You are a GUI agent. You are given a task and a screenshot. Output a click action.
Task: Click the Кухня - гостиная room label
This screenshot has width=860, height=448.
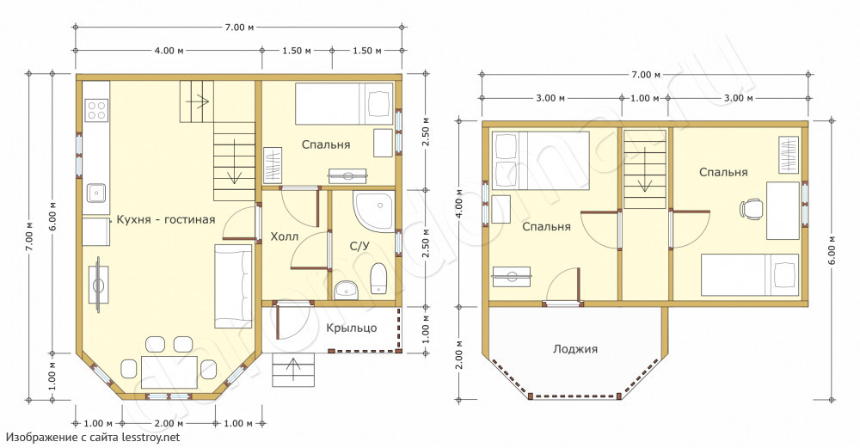(166, 220)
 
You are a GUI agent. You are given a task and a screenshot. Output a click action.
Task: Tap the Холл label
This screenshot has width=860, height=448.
(285, 236)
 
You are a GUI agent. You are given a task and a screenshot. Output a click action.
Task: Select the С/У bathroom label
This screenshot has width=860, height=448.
(359, 246)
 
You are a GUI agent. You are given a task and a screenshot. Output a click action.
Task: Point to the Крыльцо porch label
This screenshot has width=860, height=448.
(352, 328)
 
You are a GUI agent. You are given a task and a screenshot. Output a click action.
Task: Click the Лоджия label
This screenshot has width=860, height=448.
(574, 349)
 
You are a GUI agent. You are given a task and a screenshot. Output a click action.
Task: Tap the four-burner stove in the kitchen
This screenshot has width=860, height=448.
(97, 110)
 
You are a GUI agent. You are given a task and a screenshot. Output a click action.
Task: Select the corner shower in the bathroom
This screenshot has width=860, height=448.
(374, 212)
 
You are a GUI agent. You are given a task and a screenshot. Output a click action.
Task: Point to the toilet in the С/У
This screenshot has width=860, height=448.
(378, 278)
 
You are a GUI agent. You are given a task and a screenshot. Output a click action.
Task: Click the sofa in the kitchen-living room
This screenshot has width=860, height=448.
(232, 286)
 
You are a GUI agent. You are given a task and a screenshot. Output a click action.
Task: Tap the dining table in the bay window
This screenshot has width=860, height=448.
(169, 371)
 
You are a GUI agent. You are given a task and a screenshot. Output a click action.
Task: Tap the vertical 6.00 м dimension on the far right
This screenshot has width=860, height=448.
(832, 251)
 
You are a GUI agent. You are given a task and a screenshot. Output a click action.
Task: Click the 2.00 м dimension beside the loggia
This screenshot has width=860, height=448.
(459, 355)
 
